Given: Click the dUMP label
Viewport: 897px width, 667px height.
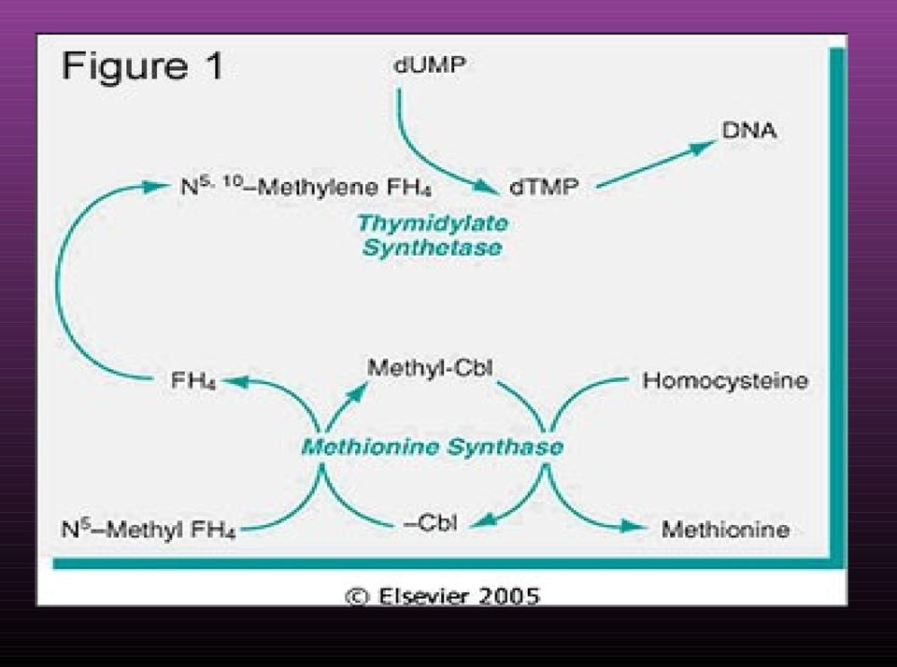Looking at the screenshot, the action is (x=430, y=64).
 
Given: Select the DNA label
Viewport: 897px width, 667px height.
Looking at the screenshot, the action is (x=748, y=131).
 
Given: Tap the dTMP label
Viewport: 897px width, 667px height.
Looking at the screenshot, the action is (x=544, y=187).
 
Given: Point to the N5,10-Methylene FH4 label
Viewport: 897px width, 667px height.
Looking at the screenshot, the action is (x=306, y=187).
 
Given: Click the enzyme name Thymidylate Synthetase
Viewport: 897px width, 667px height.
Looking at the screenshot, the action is (x=433, y=235).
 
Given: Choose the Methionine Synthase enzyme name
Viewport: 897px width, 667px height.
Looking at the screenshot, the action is (x=433, y=447).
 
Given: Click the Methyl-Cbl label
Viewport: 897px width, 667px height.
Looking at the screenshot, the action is (x=430, y=368).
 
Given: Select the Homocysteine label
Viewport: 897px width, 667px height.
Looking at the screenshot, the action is (x=725, y=380).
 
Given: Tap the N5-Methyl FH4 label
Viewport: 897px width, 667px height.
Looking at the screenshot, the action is (x=149, y=530).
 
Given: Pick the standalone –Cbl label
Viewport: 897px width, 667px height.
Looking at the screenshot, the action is (x=430, y=523).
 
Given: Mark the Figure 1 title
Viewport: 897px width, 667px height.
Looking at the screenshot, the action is (x=142, y=65).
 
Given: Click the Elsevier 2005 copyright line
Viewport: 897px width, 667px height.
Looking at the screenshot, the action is (x=442, y=596).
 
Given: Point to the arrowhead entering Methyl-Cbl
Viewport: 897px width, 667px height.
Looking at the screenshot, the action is (x=356, y=393).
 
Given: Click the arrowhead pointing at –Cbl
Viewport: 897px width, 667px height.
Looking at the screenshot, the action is (x=484, y=520).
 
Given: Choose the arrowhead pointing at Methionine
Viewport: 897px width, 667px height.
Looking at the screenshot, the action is (x=634, y=527).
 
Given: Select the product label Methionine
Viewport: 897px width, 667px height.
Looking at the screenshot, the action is (x=725, y=529).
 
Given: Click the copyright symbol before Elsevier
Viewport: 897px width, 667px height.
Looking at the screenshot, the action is (x=357, y=597).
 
